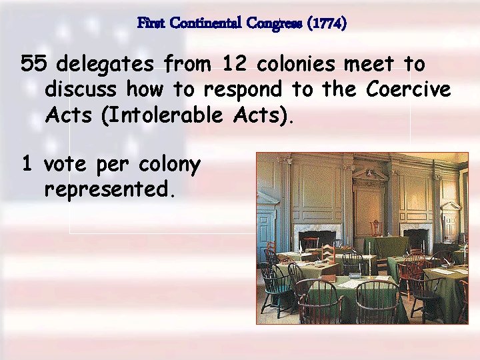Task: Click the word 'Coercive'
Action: pyautogui.click(x=407, y=89)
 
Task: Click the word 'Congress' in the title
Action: pyautogui.click(x=277, y=23)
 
